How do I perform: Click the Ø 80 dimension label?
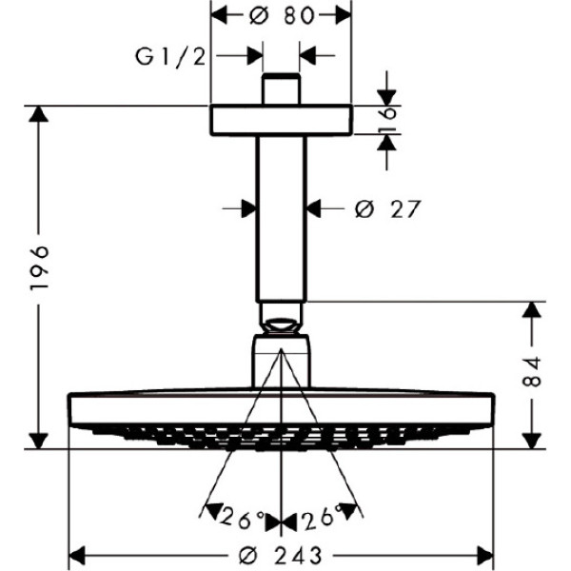tap(281, 15)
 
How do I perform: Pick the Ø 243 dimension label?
tap(281, 553)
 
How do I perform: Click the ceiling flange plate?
tap(281, 120)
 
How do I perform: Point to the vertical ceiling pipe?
tap(281, 219)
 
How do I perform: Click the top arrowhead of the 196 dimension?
tap(37, 115)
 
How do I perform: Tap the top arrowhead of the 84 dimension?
tap(532, 311)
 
